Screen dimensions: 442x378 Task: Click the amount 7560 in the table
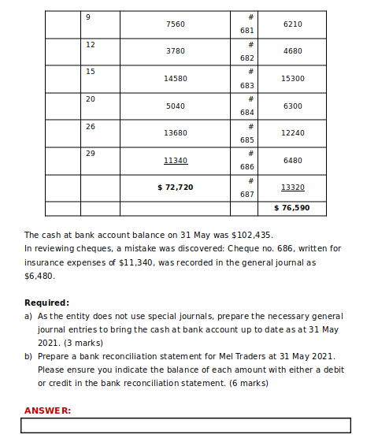click(176, 24)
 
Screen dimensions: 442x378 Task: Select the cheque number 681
click(246, 31)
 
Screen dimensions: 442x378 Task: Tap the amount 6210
click(292, 24)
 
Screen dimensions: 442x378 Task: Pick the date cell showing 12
click(91, 45)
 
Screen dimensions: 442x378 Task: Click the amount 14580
click(176, 79)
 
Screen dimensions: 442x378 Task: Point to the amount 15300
click(292, 79)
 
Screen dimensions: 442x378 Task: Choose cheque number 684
click(246, 113)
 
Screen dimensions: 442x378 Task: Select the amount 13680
click(176, 133)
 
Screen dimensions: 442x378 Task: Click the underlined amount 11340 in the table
click(176, 160)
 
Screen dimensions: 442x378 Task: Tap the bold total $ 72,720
click(176, 188)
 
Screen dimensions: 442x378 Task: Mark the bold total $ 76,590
click(291, 208)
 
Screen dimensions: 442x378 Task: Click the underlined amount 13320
click(292, 188)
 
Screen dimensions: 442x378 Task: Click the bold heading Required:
click(46, 303)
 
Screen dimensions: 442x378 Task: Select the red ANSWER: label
click(47, 410)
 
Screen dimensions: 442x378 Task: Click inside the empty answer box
click(186, 425)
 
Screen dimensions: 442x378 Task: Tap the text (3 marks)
click(83, 344)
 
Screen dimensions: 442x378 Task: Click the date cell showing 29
click(91, 153)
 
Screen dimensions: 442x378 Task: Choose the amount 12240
click(292, 133)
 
